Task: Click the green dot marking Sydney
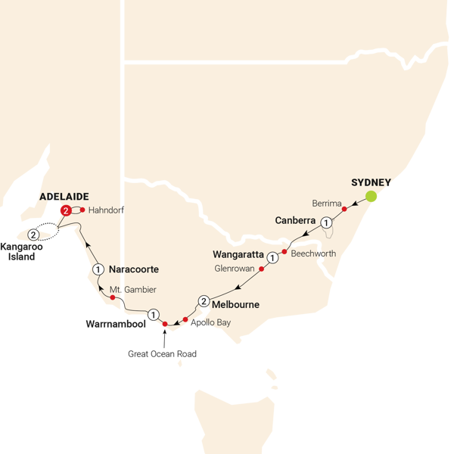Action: coord(372,197)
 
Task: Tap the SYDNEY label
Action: coord(371,182)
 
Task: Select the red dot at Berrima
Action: coord(344,210)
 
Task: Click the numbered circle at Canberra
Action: coord(325,222)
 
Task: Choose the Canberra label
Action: coord(295,220)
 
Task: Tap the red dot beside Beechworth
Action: coord(285,251)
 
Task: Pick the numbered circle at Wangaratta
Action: coord(272,257)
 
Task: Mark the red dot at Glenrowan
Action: coord(262,269)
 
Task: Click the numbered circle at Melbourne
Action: coord(204,301)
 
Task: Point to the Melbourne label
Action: coord(236,305)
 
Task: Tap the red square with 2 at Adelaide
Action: coord(67,210)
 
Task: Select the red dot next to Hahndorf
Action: coord(82,210)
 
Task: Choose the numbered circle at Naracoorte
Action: coord(98,269)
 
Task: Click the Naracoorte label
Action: coord(134,269)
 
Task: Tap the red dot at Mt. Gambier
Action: coord(113,297)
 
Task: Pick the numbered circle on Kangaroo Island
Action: coord(33,235)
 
